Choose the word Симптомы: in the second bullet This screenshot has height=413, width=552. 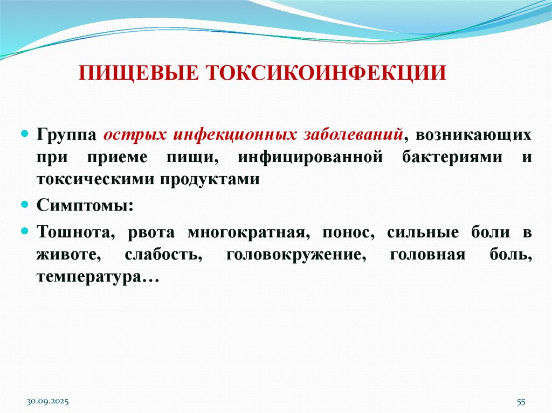(83, 206)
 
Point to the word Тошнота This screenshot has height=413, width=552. (76, 233)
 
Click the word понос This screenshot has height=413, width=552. (349, 233)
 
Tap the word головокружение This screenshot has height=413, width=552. (293, 255)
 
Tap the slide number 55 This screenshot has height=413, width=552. (521, 402)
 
